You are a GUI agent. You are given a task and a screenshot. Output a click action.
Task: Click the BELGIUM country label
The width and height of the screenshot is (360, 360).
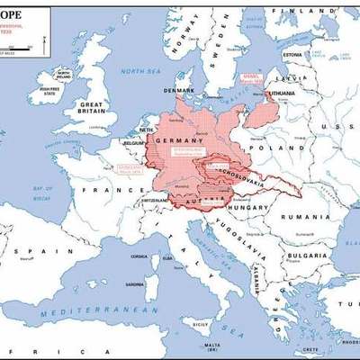point(135,143)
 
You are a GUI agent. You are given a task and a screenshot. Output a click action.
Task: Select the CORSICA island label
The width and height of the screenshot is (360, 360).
point(139,256)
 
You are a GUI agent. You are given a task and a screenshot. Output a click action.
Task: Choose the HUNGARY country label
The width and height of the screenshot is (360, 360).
point(251,207)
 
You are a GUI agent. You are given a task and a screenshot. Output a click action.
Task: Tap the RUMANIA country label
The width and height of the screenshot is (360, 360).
point(300,217)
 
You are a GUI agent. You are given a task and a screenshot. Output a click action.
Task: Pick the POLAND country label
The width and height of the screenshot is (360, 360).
point(265,148)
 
